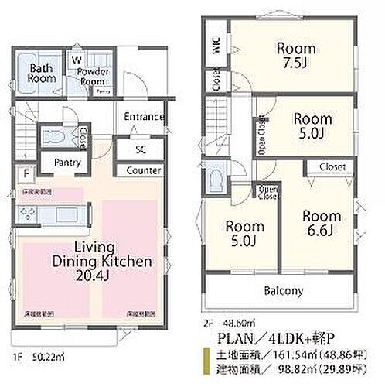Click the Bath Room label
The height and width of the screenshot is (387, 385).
pos(40,74)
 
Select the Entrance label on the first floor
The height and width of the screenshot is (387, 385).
pos(143,118)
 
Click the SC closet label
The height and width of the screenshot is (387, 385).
pos(141,148)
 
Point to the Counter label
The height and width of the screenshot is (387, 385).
pos(143,170)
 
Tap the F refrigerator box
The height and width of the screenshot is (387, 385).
pos(26,173)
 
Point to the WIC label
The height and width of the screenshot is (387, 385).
pos(214,47)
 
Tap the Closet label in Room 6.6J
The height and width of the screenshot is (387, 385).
pos(332,166)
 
